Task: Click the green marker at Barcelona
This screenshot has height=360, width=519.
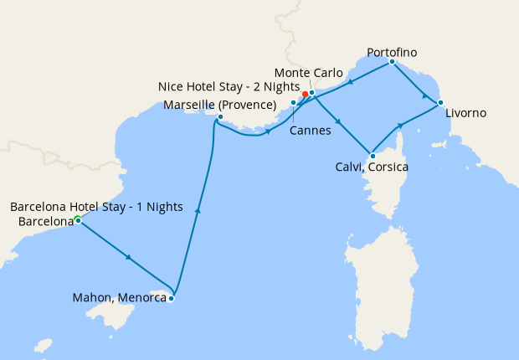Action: click(x=77, y=219)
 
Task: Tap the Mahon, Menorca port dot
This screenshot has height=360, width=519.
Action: click(x=172, y=298)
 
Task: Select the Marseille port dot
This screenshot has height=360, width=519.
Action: click(x=220, y=117)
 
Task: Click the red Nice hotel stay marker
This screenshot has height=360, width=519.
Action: click(x=305, y=94)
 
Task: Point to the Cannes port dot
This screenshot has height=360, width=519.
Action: click(x=293, y=102)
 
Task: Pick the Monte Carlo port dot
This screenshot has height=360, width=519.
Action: click(x=312, y=92)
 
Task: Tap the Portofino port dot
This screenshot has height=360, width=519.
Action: click(x=392, y=61)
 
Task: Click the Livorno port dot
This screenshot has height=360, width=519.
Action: click(x=440, y=103)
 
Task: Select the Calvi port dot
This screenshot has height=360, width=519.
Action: click(x=372, y=155)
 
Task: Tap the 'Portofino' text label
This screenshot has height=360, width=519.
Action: click(x=391, y=53)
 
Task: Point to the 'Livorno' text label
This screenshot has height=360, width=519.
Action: click(x=465, y=112)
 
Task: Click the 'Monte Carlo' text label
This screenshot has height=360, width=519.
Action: click(x=309, y=73)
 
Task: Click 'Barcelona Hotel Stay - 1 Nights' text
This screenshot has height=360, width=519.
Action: click(x=96, y=207)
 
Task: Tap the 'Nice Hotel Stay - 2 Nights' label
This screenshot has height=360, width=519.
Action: click(x=217, y=86)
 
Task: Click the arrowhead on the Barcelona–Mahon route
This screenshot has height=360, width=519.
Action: click(x=128, y=257)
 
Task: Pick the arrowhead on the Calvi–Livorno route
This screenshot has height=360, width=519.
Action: click(x=401, y=126)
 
